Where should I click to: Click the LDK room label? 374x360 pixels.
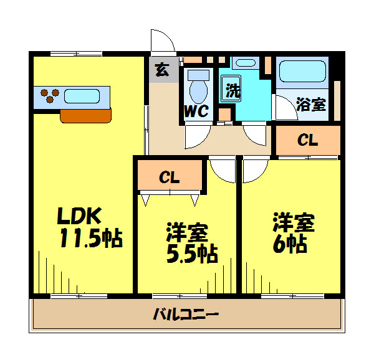coord(79,216)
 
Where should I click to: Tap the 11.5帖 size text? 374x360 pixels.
coord(91,238)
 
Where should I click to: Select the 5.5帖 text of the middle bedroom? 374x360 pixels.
coord(192,253)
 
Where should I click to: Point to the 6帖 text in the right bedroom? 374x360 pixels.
coord(290,244)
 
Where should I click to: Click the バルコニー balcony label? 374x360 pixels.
coord(186,314)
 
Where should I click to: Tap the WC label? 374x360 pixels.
coord(196,111)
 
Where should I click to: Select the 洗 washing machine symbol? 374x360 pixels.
coord(231,88)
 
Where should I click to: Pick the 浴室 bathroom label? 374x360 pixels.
coord(311,105)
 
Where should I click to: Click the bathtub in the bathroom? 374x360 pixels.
coord(302,71)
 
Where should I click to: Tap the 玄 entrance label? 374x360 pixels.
coord(162,70)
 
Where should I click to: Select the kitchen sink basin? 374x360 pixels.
coord(82,96)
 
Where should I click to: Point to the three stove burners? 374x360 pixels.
coord(50,95)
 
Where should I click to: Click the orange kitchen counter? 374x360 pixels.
coord(85,116)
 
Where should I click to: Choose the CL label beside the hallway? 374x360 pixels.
coord(308,140)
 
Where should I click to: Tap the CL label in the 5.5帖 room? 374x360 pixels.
coord(170,178)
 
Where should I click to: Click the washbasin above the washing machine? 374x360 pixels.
coord(246,63)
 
